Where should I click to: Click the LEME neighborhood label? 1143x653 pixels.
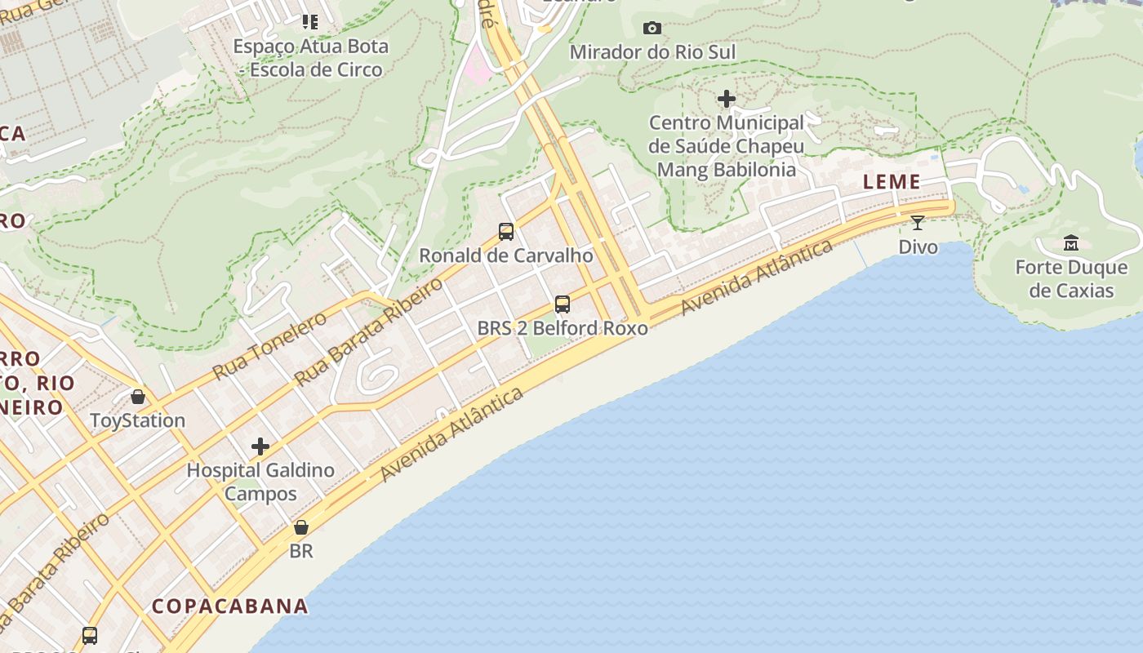coord(892,182)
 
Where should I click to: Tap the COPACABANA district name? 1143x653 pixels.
coord(230,606)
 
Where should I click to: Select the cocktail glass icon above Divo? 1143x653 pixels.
coord(918,222)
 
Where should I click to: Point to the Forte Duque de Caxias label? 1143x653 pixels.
coord(1071,279)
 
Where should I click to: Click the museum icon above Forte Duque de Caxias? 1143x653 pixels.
coord(1071,242)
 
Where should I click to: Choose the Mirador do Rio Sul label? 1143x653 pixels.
coord(652,52)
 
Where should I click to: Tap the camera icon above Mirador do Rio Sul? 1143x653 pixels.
coord(652,29)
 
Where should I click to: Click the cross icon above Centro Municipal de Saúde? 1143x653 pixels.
coord(727,100)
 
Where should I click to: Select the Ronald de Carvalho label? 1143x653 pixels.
coord(506,255)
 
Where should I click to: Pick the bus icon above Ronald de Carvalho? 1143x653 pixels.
coord(506,232)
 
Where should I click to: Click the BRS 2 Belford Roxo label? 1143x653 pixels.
coord(563,328)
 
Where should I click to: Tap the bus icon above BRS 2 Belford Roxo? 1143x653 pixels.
coord(563,304)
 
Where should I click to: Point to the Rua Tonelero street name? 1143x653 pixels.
coord(269,345)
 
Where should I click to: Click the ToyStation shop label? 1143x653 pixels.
coord(138,420)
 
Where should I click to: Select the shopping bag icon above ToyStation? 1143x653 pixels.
coord(138,397)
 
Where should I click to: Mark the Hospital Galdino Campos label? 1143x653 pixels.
coord(260,482)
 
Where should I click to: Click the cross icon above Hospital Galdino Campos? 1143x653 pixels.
coord(260,446)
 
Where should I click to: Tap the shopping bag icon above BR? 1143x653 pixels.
coord(301,527)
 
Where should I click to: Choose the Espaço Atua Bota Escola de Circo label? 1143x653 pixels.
coord(311,58)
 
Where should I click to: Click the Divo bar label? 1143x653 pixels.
coord(918,247)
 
